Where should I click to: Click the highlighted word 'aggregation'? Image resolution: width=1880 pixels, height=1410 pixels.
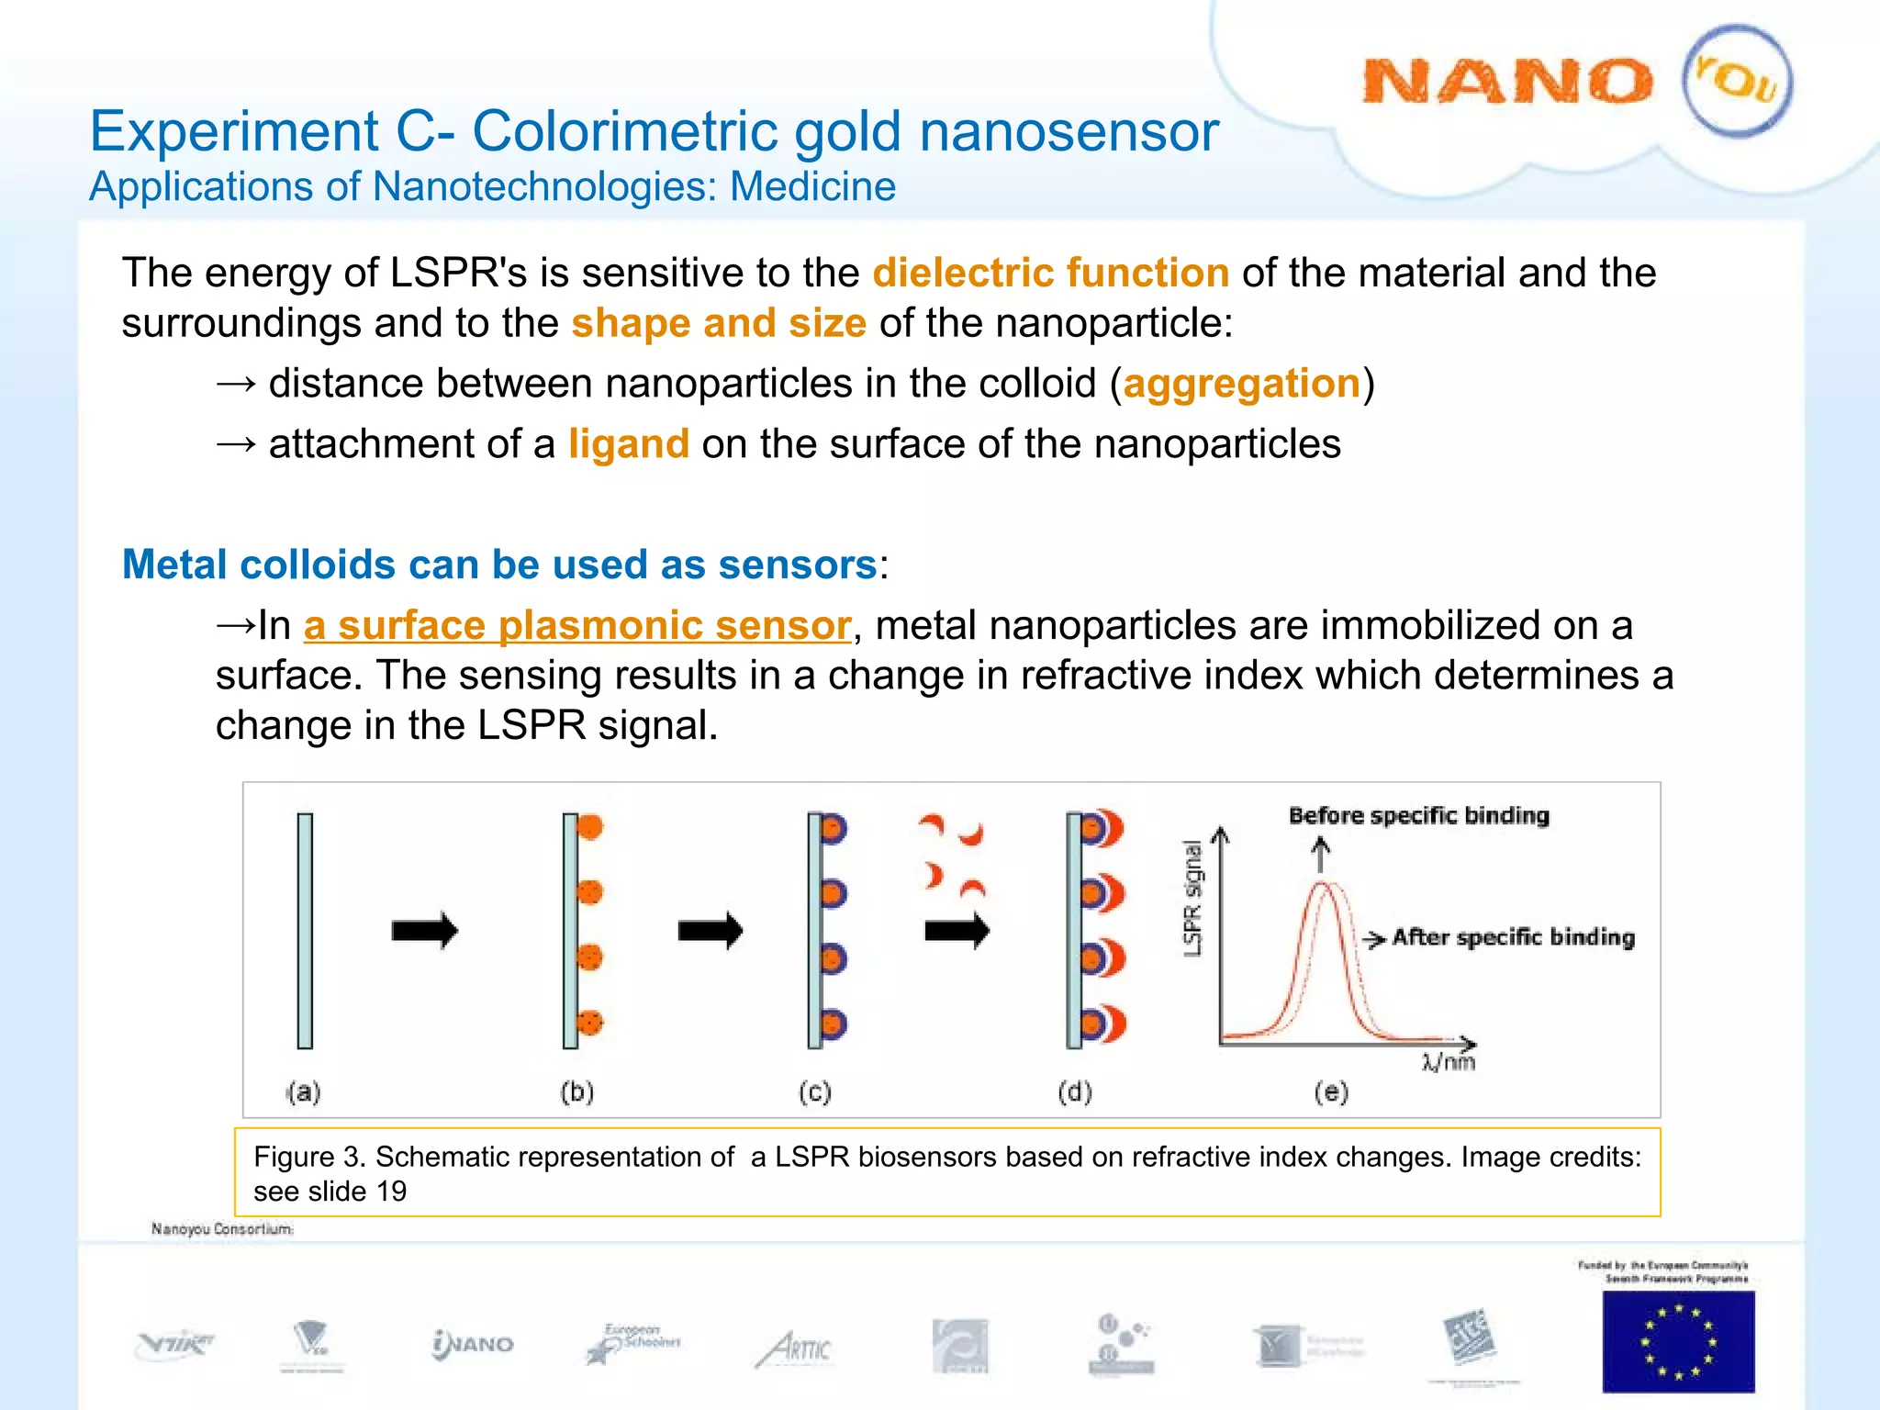click(1241, 384)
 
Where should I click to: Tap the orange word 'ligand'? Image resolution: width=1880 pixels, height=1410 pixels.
click(629, 444)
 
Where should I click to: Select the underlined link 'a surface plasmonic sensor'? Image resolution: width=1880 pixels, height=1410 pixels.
click(577, 626)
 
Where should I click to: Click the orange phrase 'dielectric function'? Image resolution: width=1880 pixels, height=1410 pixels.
click(1051, 274)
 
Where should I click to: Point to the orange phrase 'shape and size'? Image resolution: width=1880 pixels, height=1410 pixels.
click(719, 324)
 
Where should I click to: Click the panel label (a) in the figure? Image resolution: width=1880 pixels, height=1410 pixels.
click(304, 1092)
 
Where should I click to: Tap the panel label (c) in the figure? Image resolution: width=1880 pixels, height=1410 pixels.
click(815, 1092)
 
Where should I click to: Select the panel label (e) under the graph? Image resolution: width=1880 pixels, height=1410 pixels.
click(1331, 1092)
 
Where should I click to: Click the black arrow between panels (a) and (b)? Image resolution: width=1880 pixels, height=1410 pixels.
click(424, 931)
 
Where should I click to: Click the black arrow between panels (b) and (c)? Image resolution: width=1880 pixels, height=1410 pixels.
click(710, 931)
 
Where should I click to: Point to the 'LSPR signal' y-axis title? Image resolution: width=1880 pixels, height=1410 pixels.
click(1192, 899)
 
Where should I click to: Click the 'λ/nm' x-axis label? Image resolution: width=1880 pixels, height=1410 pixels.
click(1449, 1063)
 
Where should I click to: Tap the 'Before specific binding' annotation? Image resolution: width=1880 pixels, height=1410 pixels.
click(1418, 816)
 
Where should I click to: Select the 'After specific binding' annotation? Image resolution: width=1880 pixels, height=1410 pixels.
click(1513, 937)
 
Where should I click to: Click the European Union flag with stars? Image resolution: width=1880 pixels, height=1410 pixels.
click(1678, 1341)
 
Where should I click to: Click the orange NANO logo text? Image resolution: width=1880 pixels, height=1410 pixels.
click(1507, 83)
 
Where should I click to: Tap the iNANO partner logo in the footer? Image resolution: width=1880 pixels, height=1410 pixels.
click(474, 1345)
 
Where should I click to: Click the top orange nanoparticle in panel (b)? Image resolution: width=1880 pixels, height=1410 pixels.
click(590, 827)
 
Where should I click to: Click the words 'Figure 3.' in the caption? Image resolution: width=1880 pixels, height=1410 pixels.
click(309, 1158)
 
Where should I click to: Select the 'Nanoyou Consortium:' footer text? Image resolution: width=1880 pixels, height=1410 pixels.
click(222, 1229)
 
